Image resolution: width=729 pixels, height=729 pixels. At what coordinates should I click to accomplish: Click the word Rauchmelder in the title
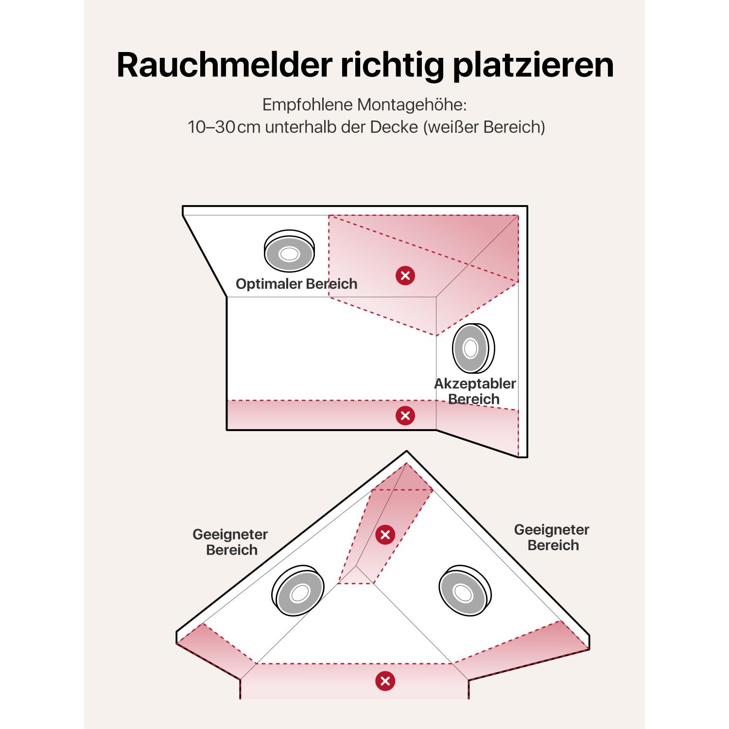tap(225, 65)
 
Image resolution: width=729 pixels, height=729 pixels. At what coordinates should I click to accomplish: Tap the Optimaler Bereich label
tap(296, 284)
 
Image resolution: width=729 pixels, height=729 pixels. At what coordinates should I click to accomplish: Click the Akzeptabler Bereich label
tap(475, 391)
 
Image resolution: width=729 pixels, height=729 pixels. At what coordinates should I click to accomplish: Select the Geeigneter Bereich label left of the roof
tap(230, 542)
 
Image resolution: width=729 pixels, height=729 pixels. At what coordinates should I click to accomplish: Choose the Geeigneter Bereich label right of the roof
tap(552, 537)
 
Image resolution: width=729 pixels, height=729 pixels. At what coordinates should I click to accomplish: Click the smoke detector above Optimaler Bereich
tap(289, 251)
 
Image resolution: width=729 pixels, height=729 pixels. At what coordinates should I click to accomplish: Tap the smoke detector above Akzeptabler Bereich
tap(473, 348)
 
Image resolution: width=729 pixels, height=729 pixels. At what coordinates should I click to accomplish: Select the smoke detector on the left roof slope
tap(298, 590)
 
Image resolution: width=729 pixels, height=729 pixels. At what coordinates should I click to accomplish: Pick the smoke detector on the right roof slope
tap(465, 590)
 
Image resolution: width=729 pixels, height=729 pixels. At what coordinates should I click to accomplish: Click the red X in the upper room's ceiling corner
tap(405, 276)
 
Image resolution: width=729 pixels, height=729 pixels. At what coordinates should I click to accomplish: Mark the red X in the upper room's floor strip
tap(405, 416)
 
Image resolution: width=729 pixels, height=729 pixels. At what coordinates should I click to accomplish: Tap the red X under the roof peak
tap(385, 535)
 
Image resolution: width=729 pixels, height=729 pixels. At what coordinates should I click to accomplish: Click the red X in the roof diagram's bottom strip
tap(385, 681)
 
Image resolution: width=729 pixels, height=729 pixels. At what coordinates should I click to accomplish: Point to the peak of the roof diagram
tap(407, 451)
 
